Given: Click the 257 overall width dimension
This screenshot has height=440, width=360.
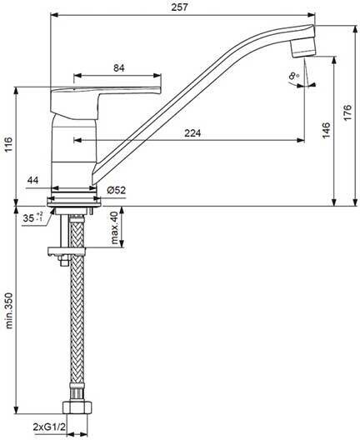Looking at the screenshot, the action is [179, 7].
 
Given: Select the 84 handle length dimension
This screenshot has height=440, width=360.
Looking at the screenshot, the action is [119, 67].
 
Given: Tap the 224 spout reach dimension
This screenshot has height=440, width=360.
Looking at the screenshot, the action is [192, 132].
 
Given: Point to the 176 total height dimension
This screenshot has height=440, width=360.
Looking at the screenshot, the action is [347, 112].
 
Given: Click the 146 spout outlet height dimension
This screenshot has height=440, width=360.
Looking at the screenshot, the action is [326, 130].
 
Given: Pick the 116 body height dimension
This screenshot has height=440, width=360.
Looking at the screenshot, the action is [8, 144].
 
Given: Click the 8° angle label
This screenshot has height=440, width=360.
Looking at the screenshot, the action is [294, 76].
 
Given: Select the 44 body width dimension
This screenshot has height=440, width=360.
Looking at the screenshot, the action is [32, 180].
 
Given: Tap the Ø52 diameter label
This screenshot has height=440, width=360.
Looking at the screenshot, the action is [116, 190].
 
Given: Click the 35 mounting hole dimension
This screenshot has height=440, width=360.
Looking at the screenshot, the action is [32, 217].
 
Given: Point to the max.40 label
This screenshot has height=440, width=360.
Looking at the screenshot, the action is [114, 227].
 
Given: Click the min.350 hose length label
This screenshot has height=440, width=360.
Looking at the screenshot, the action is [9, 310].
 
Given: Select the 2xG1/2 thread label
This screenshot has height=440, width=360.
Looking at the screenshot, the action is [49, 427].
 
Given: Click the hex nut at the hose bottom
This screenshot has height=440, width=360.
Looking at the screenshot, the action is [77, 407].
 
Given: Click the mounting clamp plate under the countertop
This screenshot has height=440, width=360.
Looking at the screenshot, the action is [66, 251].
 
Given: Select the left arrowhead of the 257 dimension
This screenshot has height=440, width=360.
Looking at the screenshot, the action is [54, 15].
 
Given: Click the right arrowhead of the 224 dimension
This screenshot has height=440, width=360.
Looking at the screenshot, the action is [301, 140].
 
